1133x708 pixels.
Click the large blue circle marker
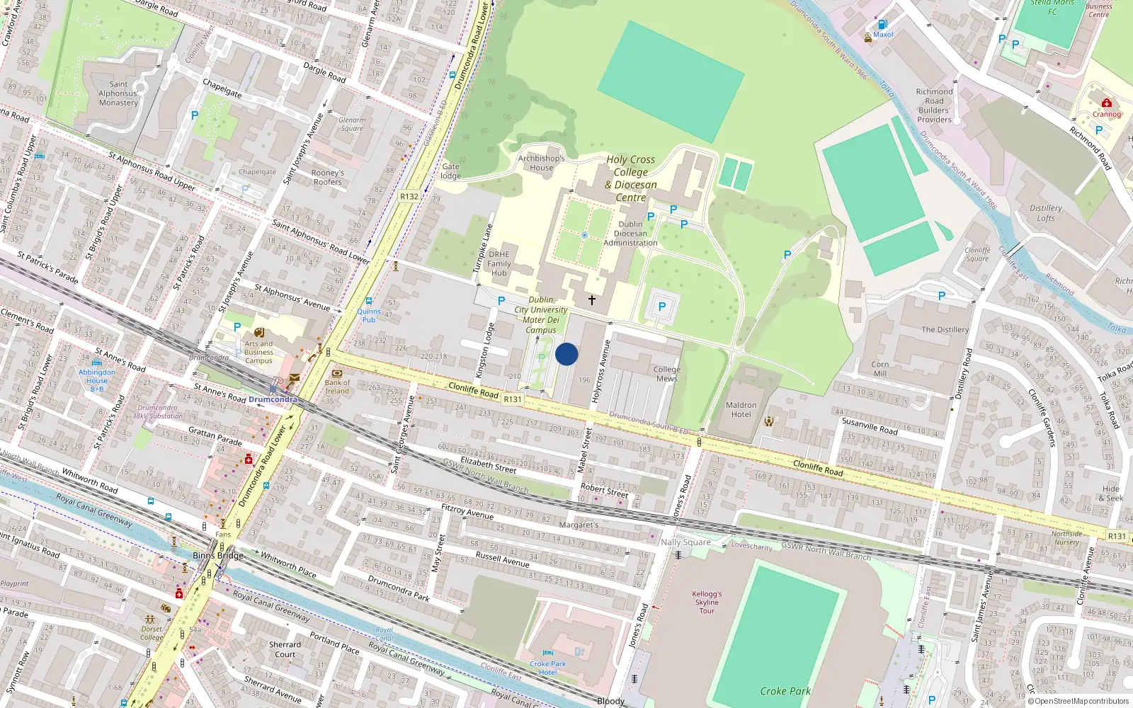(x=566, y=354)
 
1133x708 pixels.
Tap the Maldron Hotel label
(x=741, y=410)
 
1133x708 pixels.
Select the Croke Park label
(x=785, y=691)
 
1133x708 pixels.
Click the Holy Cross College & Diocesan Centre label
(x=630, y=178)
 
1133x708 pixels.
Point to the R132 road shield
(x=409, y=197)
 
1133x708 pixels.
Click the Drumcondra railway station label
(x=273, y=399)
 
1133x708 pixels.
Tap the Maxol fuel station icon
(x=882, y=24)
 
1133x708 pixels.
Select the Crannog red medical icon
(x=1107, y=103)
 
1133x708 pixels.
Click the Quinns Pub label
(x=368, y=315)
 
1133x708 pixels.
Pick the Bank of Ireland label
(x=337, y=387)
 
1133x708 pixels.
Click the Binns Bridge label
(x=218, y=555)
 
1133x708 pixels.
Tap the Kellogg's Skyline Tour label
(x=707, y=603)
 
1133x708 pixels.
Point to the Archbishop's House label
(x=541, y=163)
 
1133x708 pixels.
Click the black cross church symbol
(x=592, y=300)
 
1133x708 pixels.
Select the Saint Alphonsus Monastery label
(x=118, y=93)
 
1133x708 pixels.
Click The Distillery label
(x=945, y=329)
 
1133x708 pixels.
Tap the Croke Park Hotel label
(x=547, y=668)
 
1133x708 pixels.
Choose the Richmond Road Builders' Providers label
(x=934, y=105)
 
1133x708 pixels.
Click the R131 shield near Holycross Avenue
(x=512, y=399)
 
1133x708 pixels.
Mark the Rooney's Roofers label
(x=327, y=177)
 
